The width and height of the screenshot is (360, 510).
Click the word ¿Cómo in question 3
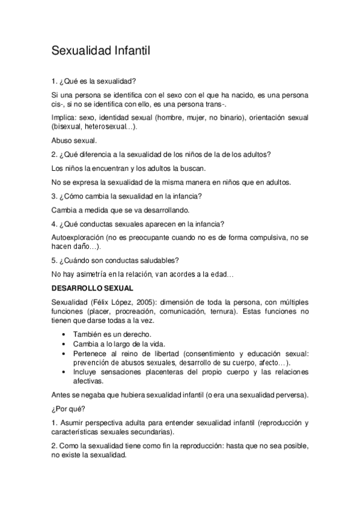coord(73,197)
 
